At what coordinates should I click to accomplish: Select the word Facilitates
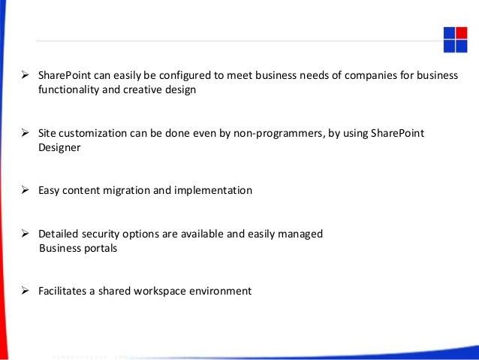pos(65,291)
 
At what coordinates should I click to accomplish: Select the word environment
pos(223,291)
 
